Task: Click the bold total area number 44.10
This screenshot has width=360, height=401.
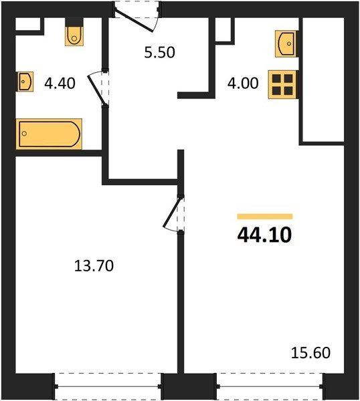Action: click(x=264, y=235)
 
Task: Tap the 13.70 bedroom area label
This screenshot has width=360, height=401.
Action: click(x=94, y=265)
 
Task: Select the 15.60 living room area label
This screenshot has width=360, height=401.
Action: click(x=310, y=353)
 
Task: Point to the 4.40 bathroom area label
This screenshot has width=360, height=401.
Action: click(x=60, y=83)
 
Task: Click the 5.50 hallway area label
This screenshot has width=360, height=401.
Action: click(x=159, y=52)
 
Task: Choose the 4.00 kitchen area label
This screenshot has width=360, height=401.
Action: click(x=243, y=83)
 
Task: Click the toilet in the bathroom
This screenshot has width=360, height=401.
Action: click(x=74, y=35)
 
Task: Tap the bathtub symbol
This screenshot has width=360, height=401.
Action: click(x=49, y=134)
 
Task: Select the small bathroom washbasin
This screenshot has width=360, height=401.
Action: click(x=25, y=82)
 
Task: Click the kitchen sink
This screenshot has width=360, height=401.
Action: click(x=286, y=43)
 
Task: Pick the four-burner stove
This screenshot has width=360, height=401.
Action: click(x=282, y=84)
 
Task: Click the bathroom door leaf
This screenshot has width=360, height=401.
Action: click(x=96, y=90)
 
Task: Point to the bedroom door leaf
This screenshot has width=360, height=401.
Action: click(x=171, y=212)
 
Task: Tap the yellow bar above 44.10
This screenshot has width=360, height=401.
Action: click(x=265, y=217)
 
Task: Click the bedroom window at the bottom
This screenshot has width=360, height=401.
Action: click(x=108, y=386)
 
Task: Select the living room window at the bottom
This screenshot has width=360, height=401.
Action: click(x=270, y=386)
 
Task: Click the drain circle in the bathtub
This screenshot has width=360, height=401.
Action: click(x=24, y=134)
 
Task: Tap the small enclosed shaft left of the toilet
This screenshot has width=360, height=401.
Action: click(x=28, y=24)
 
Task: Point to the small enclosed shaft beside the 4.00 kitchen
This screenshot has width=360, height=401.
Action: click(x=223, y=29)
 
